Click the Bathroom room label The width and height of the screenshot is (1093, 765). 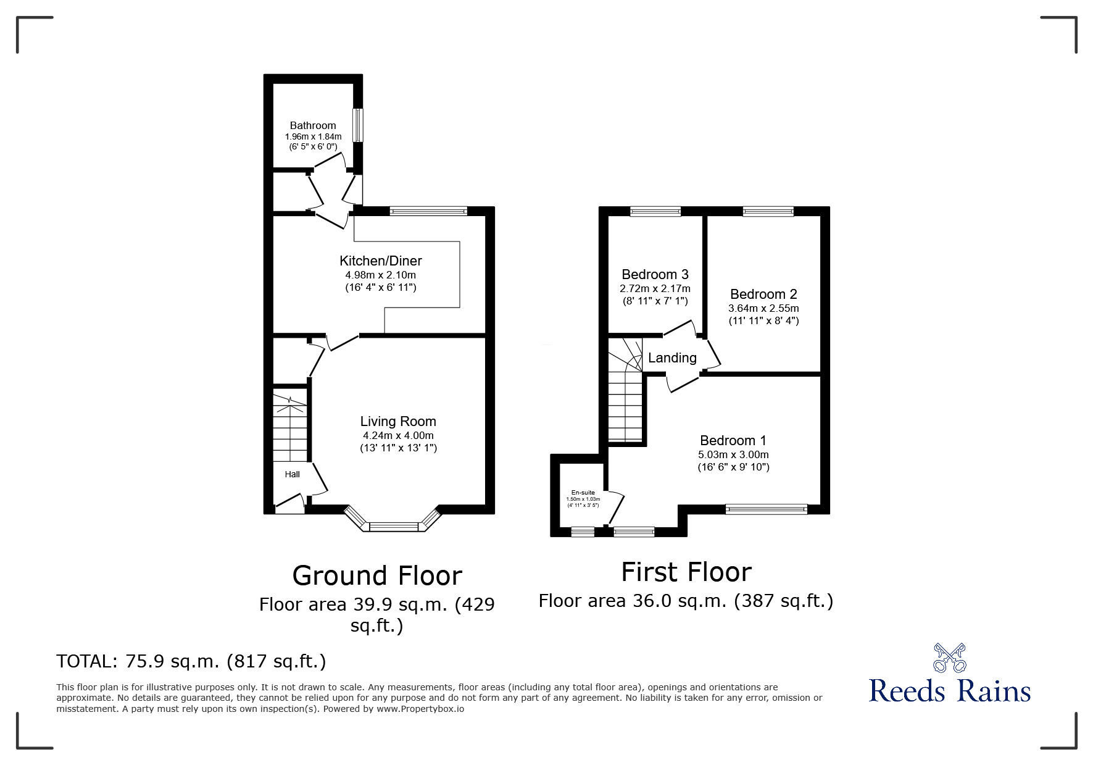click(313, 125)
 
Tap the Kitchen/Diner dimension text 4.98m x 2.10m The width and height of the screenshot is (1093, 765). click(380, 275)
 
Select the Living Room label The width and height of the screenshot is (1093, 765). click(398, 421)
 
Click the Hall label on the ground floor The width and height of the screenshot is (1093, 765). click(292, 474)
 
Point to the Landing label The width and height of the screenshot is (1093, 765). click(672, 357)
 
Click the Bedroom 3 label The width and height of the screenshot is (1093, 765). click(655, 274)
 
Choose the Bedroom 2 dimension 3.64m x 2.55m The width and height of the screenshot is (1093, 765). click(763, 308)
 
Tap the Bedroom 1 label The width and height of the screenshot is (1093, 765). click(733, 440)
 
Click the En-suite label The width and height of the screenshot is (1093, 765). click(583, 493)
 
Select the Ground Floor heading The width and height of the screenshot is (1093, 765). click(377, 575)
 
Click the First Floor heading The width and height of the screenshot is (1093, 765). click(686, 572)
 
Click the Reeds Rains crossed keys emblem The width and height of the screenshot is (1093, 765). click(949, 658)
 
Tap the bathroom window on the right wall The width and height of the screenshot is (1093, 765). click(358, 125)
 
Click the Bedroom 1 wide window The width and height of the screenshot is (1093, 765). click(767, 509)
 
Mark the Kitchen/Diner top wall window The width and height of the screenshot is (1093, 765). click(428, 211)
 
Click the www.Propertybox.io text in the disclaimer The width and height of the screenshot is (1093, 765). click(420, 709)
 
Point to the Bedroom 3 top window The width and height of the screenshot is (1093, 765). click(655, 212)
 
